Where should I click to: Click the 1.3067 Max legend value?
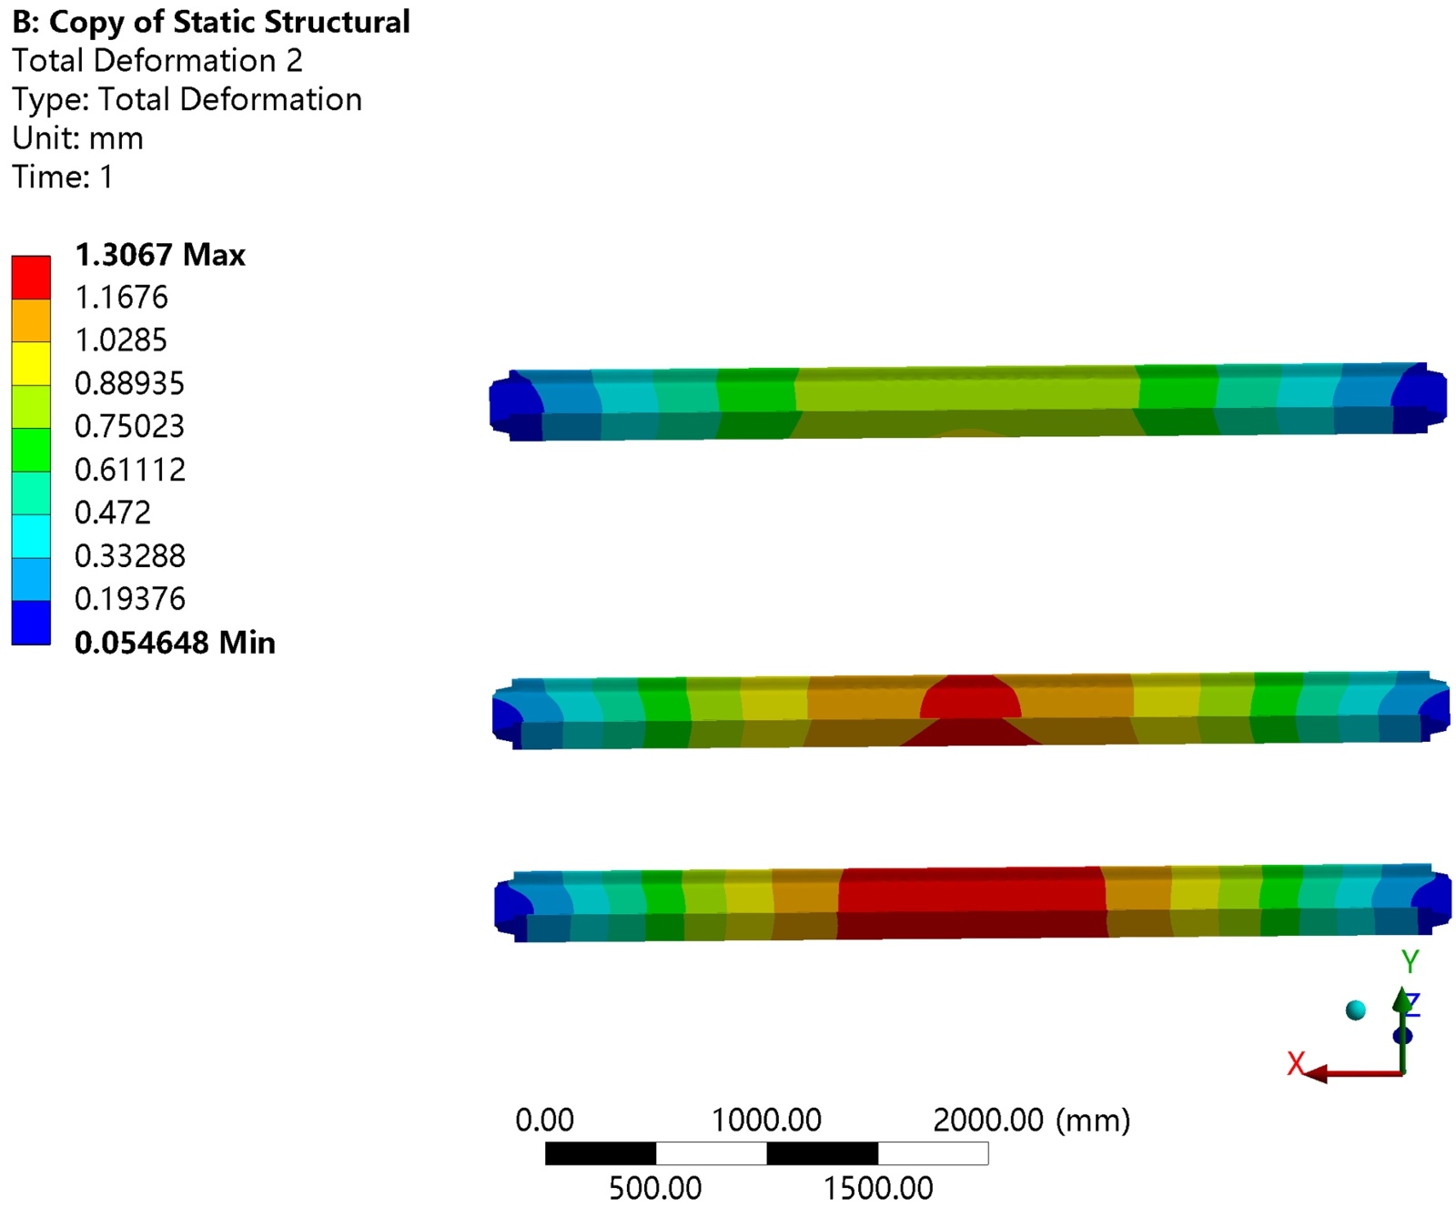[160, 255]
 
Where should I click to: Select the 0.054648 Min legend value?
[175, 643]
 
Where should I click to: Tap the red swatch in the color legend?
[31, 277]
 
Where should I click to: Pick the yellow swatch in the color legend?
[31, 363]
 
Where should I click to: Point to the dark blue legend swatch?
[31, 623]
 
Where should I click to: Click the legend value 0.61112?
[130, 470]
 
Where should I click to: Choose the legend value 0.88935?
[129, 383]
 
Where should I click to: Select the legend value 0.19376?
[130, 599]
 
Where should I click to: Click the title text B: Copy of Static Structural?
[211, 22]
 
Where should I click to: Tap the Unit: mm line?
[78, 138]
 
